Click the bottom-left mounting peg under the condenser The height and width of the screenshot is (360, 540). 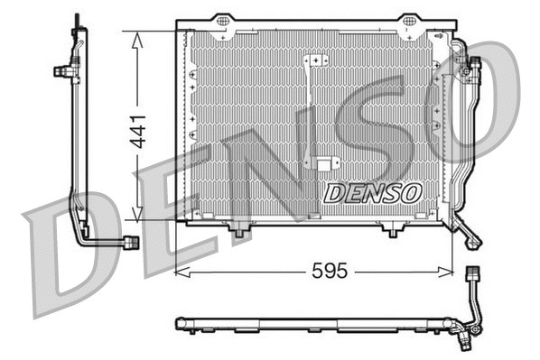[238, 234]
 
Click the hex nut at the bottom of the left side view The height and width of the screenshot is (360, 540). [132, 242]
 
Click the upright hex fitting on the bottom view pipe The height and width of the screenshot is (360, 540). [470, 273]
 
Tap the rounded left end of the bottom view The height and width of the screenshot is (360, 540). [179, 321]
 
